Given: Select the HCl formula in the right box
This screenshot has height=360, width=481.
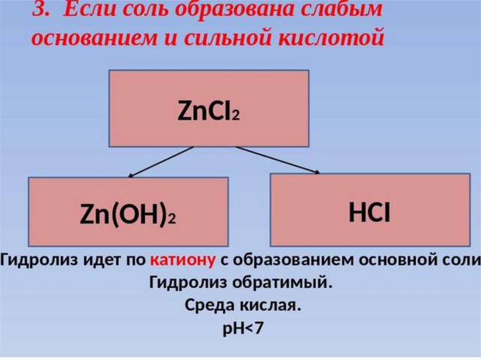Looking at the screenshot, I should pyautogui.click(x=370, y=212).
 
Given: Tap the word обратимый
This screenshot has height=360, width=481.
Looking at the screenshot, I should pyautogui.click(x=288, y=283).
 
